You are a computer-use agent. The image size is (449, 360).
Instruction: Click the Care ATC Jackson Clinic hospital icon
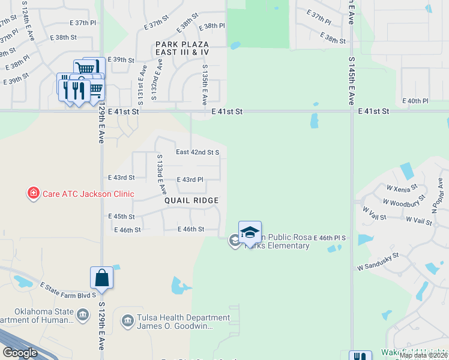click(34, 193)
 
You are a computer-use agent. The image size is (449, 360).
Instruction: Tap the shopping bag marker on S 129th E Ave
click(101, 278)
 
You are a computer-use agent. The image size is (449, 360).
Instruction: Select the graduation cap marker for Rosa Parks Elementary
click(250, 232)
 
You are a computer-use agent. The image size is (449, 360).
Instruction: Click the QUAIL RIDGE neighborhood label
click(191, 200)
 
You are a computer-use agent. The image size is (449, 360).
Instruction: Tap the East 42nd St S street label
click(197, 152)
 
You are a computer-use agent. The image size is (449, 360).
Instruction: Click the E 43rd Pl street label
click(190, 179)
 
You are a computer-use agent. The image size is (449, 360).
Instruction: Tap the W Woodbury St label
click(404, 202)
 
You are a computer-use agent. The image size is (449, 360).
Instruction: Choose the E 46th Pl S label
click(330, 238)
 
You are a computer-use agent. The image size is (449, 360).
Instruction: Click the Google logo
click(20, 352)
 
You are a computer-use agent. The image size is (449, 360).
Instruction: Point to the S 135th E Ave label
click(205, 84)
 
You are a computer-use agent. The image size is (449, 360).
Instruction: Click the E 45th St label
click(121, 217)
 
